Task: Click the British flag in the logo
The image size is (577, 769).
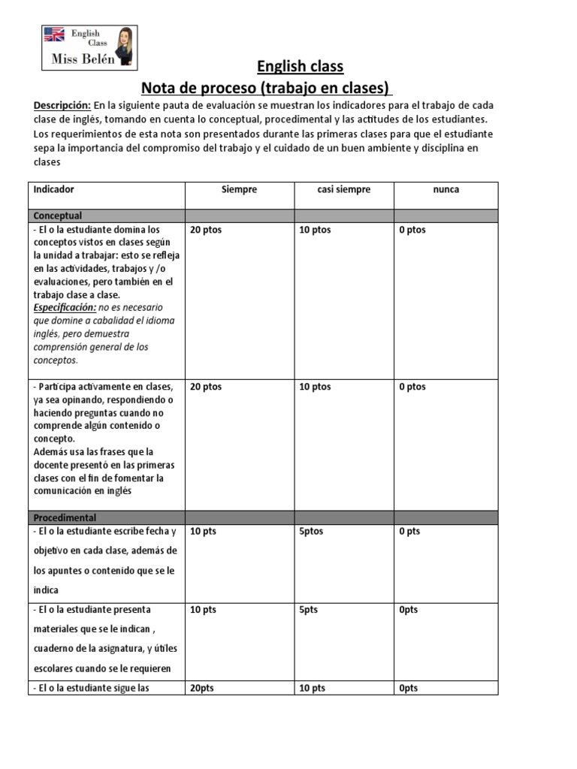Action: [x=54, y=34]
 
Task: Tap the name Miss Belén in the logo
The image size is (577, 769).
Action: [x=83, y=59]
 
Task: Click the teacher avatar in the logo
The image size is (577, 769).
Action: [x=125, y=43]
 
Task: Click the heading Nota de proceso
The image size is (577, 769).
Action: [x=267, y=87]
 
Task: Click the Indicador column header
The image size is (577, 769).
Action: [x=53, y=190]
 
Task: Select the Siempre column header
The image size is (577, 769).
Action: [x=239, y=190]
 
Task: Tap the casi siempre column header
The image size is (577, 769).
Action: [x=343, y=190]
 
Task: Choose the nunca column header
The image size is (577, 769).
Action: [x=446, y=190]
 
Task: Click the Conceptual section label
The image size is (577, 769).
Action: [x=58, y=216]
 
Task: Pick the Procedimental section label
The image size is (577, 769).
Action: [x=65, y=517]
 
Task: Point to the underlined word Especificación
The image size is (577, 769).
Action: [x=65, y=308]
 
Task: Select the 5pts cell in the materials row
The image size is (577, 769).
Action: [x=308, y=611]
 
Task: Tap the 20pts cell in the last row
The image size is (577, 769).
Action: [x=203, y=688]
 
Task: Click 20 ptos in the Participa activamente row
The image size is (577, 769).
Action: [x=207, y=387]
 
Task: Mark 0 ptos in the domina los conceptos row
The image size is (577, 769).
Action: [x=412, y=230]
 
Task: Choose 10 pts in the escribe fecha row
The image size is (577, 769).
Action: [x=203, y=532]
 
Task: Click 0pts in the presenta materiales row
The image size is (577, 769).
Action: [x=409, y=611]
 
